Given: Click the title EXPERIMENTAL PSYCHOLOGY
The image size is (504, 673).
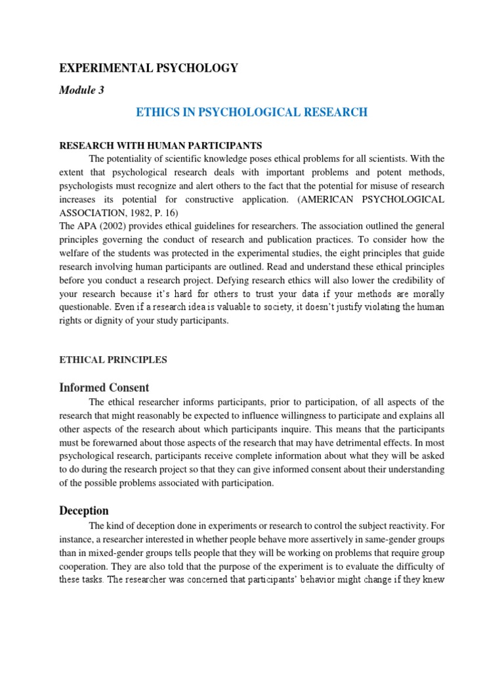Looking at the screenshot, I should pyautogui.click(x=149, y=68).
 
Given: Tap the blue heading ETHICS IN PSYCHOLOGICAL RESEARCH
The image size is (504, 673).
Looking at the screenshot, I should pyautogui.click(x=251, y=112).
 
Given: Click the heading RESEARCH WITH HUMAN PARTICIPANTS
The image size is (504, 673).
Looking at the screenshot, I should pyautogui.click(x=161, y=145).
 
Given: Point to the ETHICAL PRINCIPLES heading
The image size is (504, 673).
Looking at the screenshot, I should pyautogui.click(x=114, y=360).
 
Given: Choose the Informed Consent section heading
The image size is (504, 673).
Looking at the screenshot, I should pyautogui.click(x=104, y=387).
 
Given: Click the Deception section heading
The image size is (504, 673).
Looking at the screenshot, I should pyautogui.click(x=84, y=511).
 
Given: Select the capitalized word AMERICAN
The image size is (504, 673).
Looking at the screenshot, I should pyautogui.click(x=313, y=198).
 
